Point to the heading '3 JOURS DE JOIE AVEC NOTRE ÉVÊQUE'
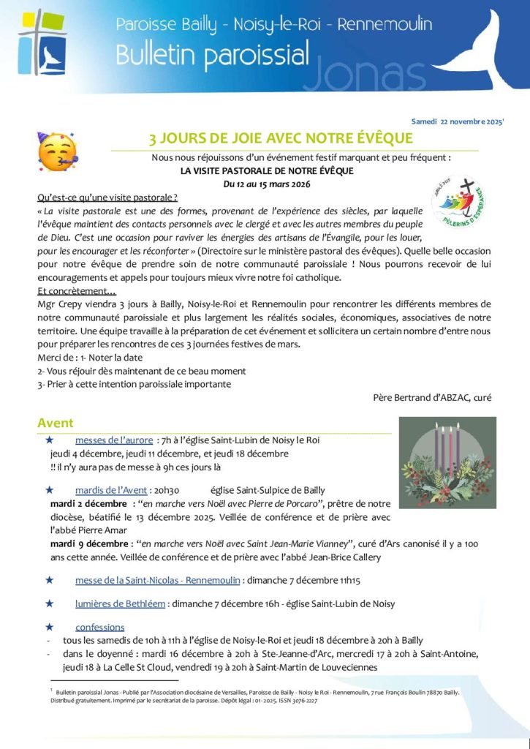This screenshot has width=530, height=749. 281,138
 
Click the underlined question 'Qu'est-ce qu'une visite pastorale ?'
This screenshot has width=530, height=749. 107,197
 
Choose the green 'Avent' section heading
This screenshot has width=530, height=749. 56,423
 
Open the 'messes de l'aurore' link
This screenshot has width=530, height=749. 113,440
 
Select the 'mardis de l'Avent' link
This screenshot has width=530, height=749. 111,490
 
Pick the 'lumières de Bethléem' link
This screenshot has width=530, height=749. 120,603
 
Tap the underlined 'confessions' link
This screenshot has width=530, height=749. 99,627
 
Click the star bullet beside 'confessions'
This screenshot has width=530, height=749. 49,627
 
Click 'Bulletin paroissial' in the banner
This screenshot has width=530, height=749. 212,56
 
